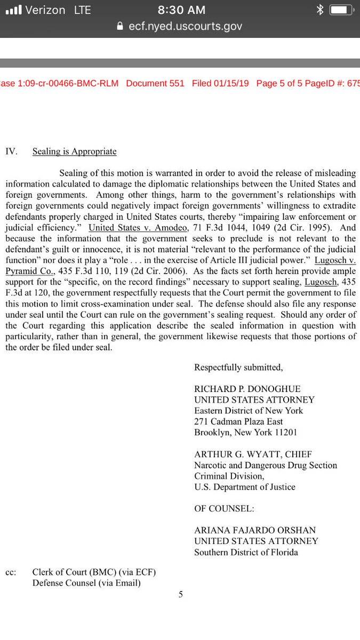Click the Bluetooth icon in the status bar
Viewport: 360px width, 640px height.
(320, 10)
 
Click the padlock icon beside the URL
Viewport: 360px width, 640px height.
(120, 26)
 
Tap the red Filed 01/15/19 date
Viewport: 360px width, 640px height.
(220, 83)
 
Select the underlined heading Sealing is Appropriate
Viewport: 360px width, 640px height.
(74, 151)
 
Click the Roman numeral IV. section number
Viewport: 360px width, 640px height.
(11, 151)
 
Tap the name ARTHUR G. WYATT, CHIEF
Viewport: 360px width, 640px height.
(246, 454)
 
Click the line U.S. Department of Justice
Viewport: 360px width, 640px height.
(244, 487)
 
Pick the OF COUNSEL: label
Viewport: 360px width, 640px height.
(224, 509)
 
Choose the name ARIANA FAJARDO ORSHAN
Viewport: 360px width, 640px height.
(255, 531)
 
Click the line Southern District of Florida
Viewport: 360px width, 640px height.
(246, 553)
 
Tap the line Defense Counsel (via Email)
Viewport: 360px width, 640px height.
(86, 583)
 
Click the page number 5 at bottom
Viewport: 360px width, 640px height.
(180, 595)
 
